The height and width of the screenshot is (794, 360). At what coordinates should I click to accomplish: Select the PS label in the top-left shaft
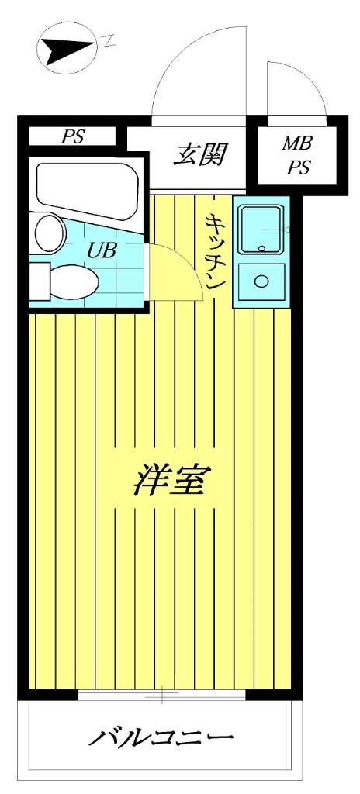click(74, 137)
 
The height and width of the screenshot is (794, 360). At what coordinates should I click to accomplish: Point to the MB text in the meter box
click(296, 143)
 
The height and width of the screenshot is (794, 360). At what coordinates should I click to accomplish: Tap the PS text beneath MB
click(296, 167)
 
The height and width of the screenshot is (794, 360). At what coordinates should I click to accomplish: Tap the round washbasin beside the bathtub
click(50, 233)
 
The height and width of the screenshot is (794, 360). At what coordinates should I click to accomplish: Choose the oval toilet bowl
click(74, 281)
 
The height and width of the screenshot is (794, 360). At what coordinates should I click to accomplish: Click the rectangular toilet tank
click(39, 281)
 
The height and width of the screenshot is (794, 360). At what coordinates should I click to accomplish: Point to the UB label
click(100, 250)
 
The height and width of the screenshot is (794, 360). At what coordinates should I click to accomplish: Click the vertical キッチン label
click(215, 251)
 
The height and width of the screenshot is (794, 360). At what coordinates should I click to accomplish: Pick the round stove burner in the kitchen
click(261, 281)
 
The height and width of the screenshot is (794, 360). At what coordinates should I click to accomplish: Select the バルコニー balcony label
click(160, 737)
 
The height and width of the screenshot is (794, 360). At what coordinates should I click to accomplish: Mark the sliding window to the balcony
click(161, 695)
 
